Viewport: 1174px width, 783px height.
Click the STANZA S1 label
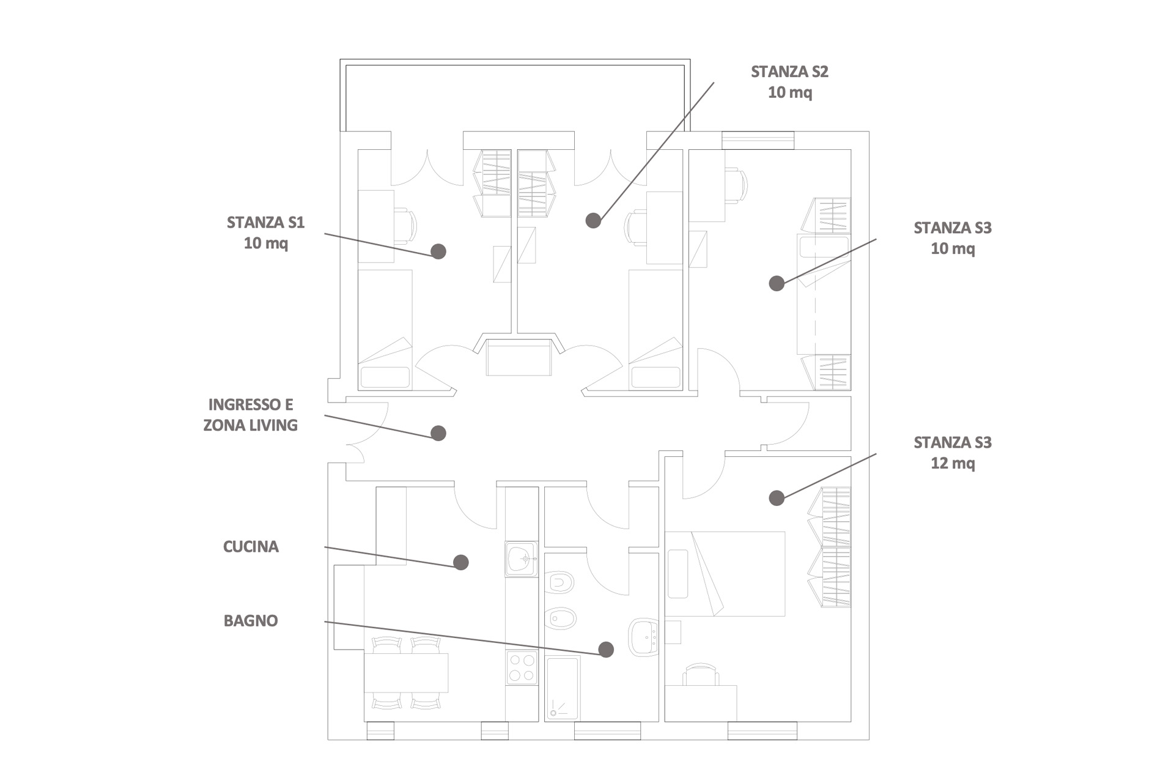(265, 223)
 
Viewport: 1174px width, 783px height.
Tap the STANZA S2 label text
(789, 72)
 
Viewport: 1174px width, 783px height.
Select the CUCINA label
(251, 546)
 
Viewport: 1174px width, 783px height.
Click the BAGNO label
(251, 620)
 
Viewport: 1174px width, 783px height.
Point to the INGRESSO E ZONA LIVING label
(251, 415)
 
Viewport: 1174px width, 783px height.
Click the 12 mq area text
(953, 463)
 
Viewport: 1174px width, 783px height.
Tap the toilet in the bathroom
(558, 582)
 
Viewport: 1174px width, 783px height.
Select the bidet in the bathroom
(560, 618)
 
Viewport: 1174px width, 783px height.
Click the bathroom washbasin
(644, 637)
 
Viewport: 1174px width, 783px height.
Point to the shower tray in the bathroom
(563, 688)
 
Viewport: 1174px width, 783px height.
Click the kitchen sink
(522, 558)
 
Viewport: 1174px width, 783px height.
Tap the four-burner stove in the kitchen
(522, 667)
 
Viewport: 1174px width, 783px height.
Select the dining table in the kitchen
(406, 672)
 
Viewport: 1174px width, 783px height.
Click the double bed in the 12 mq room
(725, 574)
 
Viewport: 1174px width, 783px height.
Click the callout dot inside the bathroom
(606, 650)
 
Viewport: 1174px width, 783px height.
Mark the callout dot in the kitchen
(461, 562)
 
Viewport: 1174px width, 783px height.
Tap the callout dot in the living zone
(438, 433)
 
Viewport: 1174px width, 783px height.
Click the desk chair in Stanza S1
(405, 226)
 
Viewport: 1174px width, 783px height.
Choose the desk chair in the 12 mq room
(701, 675)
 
